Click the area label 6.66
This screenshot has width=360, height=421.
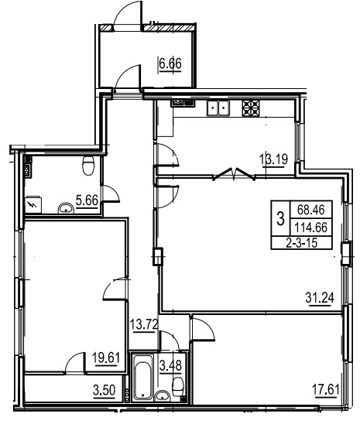coord(170,64)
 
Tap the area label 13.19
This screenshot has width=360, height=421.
coord(274,159)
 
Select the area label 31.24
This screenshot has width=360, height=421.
coord(320,298)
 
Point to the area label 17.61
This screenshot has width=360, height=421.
coord(325,389)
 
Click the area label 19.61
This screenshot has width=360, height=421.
coord(106,358)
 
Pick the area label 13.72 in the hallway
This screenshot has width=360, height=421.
coord(144,324)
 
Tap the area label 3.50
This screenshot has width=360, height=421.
coord(105,390)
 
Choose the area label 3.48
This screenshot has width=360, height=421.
coord(170,365)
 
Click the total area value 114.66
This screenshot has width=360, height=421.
coord(311,228)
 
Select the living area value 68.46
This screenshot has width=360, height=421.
coord(311,210)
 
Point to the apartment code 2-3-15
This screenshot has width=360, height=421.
coord(302,243)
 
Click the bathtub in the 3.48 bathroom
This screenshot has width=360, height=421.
coord(143,377)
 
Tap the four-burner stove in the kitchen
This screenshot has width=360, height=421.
coord(251,108)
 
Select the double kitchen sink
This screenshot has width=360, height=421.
coord(218,108)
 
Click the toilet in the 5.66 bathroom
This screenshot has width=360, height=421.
coord(88,166)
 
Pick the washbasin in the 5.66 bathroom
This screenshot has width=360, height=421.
coord(66,208)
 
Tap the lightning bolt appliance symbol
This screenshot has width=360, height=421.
coord(33,205)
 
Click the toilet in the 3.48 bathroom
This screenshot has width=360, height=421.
coord(177,386)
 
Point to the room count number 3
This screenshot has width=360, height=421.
coord(280,218)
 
